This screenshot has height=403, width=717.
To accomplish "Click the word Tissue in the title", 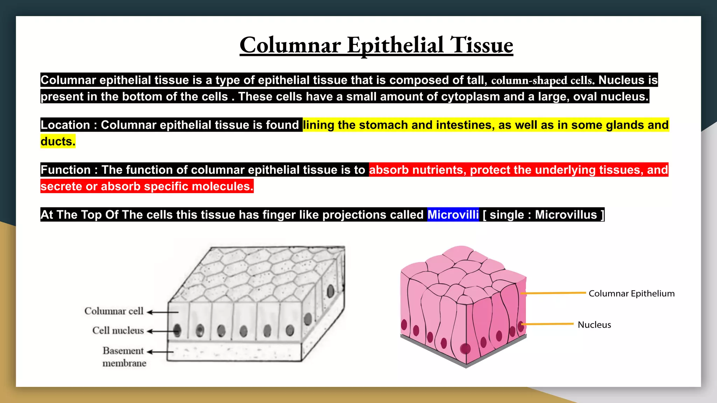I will pyautogui.click(x=481, y=45).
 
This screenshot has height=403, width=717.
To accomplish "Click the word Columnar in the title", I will pyautogui.click(x=290, y=45).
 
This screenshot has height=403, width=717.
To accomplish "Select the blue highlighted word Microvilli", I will pyautogui.click(x=453, y=214).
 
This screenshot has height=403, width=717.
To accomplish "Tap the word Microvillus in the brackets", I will pyautogui.click(x=566, y=214).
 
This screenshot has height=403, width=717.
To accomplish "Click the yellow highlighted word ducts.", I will pyautogui.click(x=58, y=141).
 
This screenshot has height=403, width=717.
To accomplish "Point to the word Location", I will pyautogui.click(x=65, y=125).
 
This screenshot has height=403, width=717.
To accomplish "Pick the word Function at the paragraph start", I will pyautogui.click(x=66, y=170).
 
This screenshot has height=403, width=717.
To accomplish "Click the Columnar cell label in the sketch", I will pyautogui.click(x=114, y=311).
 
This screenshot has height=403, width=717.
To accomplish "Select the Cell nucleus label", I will pyautogui.click(x=118, y=330).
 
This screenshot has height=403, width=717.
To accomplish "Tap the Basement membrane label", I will pyautogui.click(x=124, y=357).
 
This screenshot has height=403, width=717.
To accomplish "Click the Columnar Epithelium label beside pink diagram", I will pyautogui.click(x=632, y=294).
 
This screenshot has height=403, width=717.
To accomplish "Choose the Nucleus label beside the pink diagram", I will pyautogui.click(x=594, y=325).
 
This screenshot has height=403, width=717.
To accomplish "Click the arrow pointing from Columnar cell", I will pyautogui.click(x=162, y=312).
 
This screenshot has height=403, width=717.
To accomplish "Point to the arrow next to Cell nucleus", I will pyautogui.click(x=161, y=331).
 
